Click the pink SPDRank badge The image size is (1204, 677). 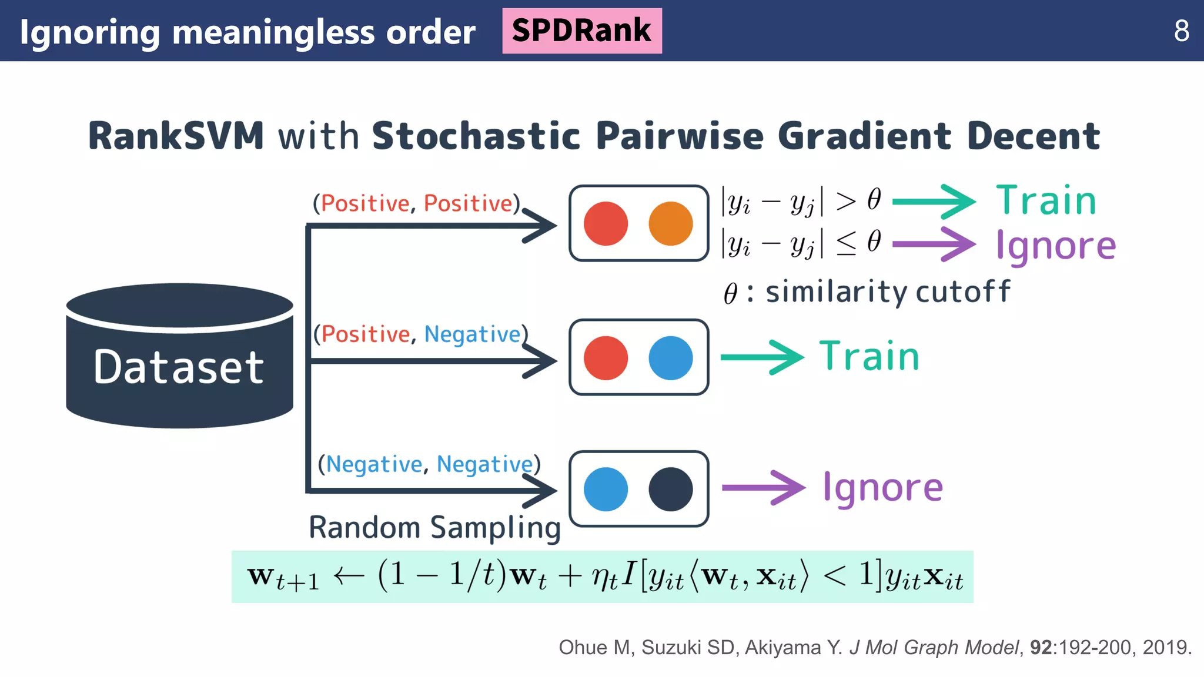coord(581,31)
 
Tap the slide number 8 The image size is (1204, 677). coord(1181,31)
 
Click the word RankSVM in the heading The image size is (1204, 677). coord(176,136)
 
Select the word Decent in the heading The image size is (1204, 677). coord(1033,136)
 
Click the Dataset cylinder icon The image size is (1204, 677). coord(179,358)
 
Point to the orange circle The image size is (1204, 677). coord(670,224)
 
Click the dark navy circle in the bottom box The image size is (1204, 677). coord(670,489)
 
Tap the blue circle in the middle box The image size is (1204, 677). coord(670,358)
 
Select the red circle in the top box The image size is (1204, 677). coord(606,224)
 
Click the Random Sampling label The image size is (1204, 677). coord(434,527)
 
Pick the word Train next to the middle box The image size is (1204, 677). coord(869,357)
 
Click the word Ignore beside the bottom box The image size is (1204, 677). coord(882,488)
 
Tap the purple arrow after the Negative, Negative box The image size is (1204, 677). coord(763,488)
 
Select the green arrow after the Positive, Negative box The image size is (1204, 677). coord(762,357)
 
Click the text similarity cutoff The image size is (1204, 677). coord(887,292)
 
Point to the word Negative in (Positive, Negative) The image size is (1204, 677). coord(472,334)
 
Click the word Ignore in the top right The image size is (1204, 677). coord(1055,246)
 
